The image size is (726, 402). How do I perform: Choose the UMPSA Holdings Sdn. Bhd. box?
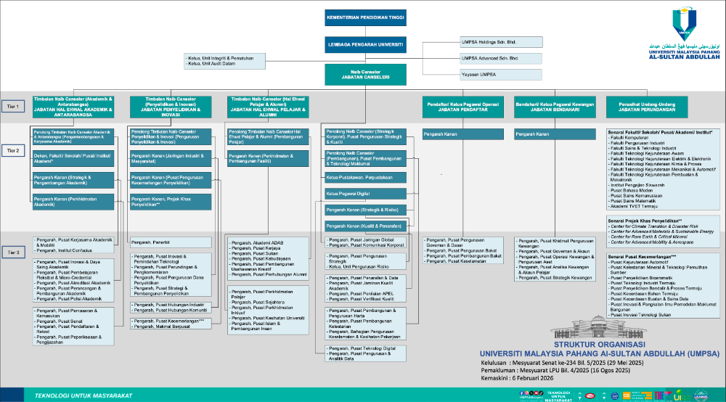[501, 42]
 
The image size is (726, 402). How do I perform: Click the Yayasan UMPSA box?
[501, 74]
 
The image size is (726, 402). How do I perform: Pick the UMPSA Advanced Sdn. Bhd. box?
[501, 58]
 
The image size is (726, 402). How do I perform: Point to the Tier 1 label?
[12, 106]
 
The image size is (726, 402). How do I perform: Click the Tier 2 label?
[12, 149]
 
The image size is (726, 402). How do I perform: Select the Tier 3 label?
[12, 251]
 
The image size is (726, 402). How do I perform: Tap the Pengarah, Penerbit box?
[171, 241]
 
